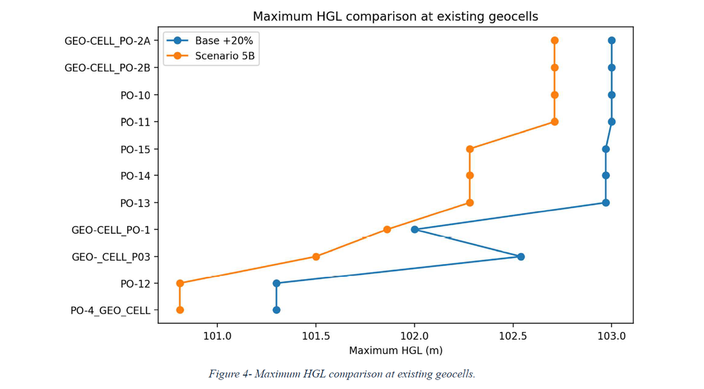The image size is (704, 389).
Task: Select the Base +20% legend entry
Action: coord(210,41)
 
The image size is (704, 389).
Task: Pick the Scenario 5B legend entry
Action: coord(210,56)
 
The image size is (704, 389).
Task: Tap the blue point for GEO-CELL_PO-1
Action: coord(415,230)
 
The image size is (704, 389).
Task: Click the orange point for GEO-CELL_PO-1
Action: coord(387,230)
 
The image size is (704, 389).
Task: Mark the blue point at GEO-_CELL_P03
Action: coord(521,256)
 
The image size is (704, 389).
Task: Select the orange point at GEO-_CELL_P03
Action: coord(316,256)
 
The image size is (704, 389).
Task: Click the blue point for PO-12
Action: coord(276,283)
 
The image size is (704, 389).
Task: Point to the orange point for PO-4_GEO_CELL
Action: coord(180,310)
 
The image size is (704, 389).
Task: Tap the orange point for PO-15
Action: coord(470,149)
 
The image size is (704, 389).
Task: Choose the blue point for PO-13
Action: coord(606,203)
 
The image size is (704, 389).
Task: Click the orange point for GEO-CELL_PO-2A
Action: coord(555,41)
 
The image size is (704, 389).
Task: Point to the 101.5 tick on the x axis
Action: coord(316,336)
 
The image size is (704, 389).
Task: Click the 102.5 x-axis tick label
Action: coord(513,336)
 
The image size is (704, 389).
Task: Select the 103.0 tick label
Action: coord(611,336)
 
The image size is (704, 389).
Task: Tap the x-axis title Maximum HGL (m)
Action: coord(395,351)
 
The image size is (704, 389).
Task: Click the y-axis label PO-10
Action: coord(135,96)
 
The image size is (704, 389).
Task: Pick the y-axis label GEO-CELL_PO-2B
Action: coord(107,68)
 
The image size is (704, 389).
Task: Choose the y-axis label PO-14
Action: coord(135,176)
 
